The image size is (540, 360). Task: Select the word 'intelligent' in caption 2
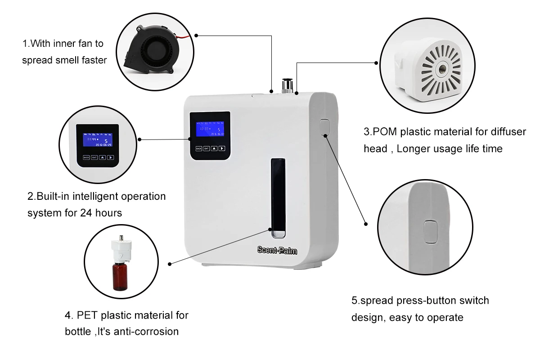tap(99, 197)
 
